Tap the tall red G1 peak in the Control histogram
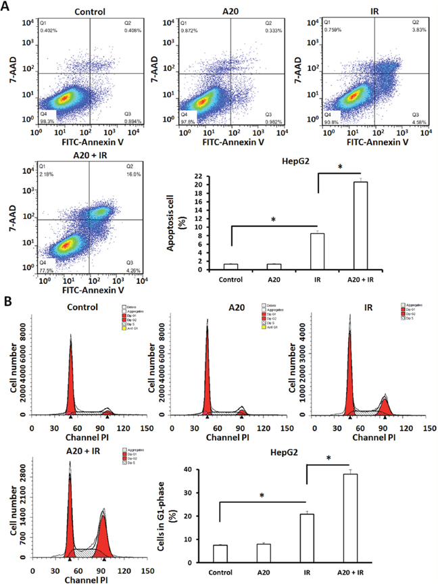[x=70, y=379]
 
